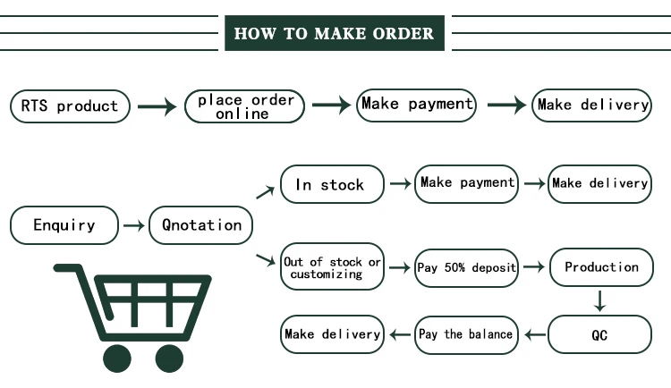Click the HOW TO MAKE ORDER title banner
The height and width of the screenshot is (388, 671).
click(334, 34)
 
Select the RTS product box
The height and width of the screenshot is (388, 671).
click(70, 106)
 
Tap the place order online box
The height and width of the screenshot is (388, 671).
click(245, 106)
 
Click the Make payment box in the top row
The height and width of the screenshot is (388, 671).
click(416, 105)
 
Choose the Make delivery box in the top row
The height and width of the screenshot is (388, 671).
click(592, 105)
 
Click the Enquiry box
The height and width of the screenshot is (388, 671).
click(64, 225)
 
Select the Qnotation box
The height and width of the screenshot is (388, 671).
click(201, 225)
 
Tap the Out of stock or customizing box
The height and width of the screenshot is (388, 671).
click(332, 267)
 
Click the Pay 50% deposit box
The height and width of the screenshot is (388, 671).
click(466, 267)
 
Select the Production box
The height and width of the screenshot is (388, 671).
click(601, 267)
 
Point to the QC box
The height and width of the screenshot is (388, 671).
click(601, 335)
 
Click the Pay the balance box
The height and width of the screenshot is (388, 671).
click(466, 335)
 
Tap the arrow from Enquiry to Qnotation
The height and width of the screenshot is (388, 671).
click(133, 226)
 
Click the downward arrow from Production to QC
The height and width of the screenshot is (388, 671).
click(601, 301)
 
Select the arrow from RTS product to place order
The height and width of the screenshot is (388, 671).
click(157, 107)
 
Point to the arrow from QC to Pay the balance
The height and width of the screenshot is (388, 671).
click(534, 335)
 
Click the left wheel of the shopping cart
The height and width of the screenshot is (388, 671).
click(118, 358)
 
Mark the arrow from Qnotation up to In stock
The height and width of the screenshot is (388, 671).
click(266, 190)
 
